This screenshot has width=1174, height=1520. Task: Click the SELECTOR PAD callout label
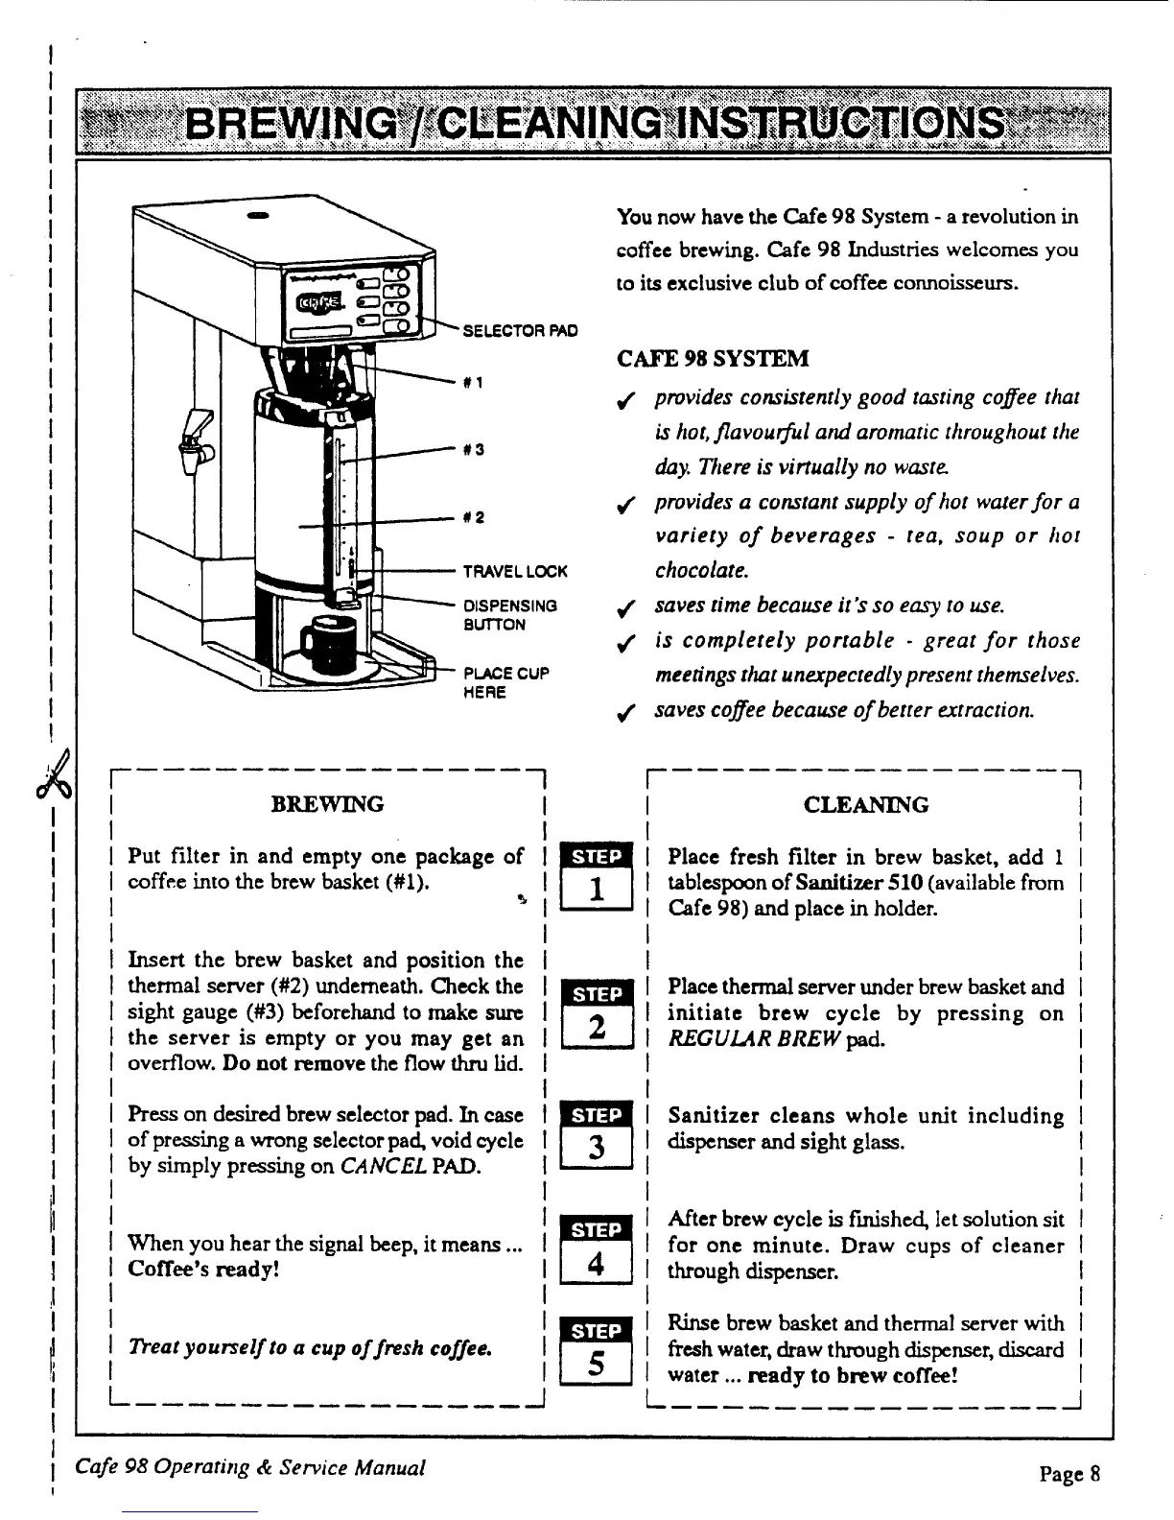(x=520, y=331)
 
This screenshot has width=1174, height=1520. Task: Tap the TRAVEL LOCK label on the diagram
(x=515, y=571)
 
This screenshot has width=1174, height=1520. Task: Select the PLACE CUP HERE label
(x=505, y=682)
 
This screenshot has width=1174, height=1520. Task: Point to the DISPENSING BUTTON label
(x=509, y=615)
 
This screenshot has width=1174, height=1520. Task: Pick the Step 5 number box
(x=597, y=1364)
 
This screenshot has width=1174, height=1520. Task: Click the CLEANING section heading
(x=866, y=804)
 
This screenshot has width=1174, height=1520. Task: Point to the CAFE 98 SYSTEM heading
(x=713, y=359)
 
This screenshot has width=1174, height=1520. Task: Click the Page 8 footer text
(x=1069, y=1472)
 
